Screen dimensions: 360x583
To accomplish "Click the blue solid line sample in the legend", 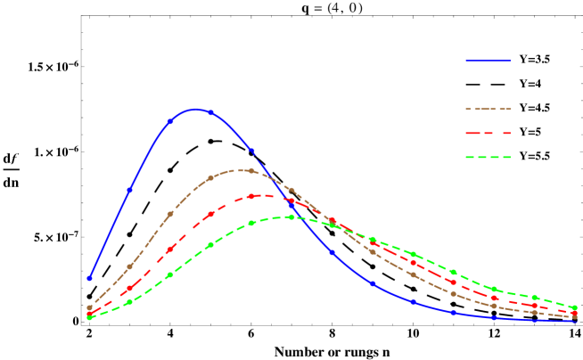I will coord(488,61).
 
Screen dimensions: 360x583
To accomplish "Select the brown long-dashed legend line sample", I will coord(488,109).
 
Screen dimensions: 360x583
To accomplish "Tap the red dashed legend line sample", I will coord(488,133).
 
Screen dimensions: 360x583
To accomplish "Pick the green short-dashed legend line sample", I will coord(488,157).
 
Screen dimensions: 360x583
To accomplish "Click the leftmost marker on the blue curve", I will coord(89,278).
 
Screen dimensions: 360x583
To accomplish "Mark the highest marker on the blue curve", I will coord(210,112).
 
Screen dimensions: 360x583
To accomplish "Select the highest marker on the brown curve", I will coord(251,170).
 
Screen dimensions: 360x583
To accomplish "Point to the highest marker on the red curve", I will coord(251,196).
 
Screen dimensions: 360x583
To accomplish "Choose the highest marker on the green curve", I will coord(291,217).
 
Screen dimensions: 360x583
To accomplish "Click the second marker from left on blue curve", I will coord(130,190).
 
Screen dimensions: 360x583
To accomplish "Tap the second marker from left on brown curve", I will coord(130,266).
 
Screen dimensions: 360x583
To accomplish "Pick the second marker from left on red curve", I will coord(130,288).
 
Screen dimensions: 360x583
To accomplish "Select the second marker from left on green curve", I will coord(130,301).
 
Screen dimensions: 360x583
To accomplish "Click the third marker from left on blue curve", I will coord(170,120).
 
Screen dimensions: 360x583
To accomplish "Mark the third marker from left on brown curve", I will coord(170,214).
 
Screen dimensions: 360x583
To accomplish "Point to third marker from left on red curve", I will coord(170,249).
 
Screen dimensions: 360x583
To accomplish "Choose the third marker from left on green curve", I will coord(170,274).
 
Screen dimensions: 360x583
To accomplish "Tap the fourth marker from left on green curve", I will coord(210,244).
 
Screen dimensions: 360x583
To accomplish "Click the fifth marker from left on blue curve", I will coord(251,151).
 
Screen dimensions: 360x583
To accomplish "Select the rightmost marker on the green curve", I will coord(575,307).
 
